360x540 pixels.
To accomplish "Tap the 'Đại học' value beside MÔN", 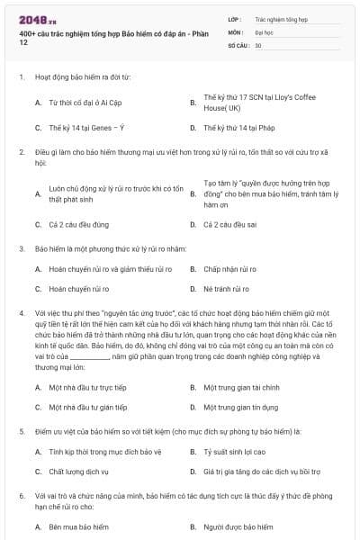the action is click(264, 31).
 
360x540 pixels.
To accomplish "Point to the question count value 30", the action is click(258, 43).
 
